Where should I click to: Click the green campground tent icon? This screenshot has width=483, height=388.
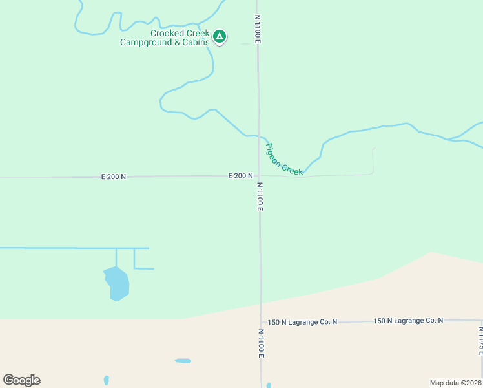220,36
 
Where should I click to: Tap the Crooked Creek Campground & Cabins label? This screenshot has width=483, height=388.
165,38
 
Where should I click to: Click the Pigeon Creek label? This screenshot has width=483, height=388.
285,159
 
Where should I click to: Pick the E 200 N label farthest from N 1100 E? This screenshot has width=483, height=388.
114,177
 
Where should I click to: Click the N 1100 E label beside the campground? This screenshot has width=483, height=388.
258,29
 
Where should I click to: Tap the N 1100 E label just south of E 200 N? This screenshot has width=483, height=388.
260,197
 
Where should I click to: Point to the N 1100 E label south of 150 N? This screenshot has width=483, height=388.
262,343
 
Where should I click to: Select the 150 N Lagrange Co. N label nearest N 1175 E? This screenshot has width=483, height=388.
408,321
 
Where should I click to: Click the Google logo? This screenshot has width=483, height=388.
21,380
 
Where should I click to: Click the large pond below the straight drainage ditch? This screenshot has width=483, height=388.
117,284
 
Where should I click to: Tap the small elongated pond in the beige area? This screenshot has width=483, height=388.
183,360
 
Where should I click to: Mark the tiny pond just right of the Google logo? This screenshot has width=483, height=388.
106,380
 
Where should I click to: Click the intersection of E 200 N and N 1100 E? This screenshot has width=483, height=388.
259,175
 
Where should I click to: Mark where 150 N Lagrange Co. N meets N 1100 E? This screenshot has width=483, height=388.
261,321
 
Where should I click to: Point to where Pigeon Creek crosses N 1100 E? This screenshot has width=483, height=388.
259,137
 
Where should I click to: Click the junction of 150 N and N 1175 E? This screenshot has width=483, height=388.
480,320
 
